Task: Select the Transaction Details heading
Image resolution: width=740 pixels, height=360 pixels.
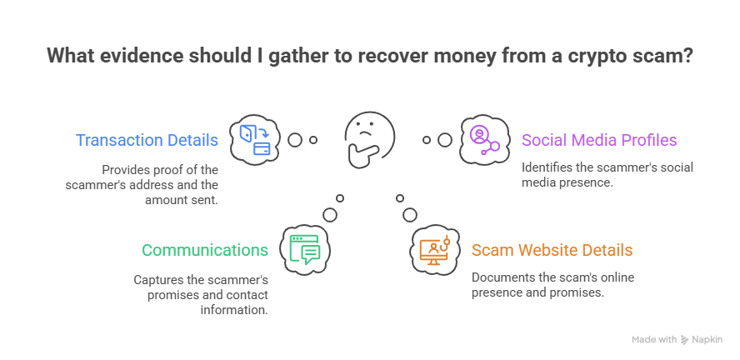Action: click(147, 140)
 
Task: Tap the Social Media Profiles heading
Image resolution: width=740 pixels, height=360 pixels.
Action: click(599, 140)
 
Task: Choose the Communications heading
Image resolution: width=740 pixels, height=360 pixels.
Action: click(204, 250)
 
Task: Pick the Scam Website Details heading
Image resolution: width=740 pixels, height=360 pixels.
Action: click(552, 250)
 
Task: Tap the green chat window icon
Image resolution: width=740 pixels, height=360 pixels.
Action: click(304, 249)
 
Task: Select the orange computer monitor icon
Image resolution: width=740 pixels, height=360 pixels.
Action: click(435, 249)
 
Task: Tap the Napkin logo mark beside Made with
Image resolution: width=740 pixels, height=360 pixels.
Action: click(684, 340)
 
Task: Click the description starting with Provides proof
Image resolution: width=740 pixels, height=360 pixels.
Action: click(142, 184)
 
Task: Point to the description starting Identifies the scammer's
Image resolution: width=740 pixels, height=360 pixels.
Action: click(607, 174)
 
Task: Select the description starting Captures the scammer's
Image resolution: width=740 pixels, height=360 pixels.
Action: click(201, 293)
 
